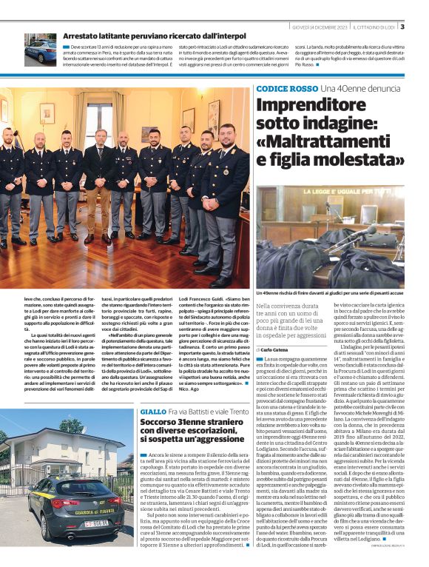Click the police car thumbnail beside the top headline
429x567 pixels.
pos(39,50)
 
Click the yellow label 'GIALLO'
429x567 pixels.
pos(153,411)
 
